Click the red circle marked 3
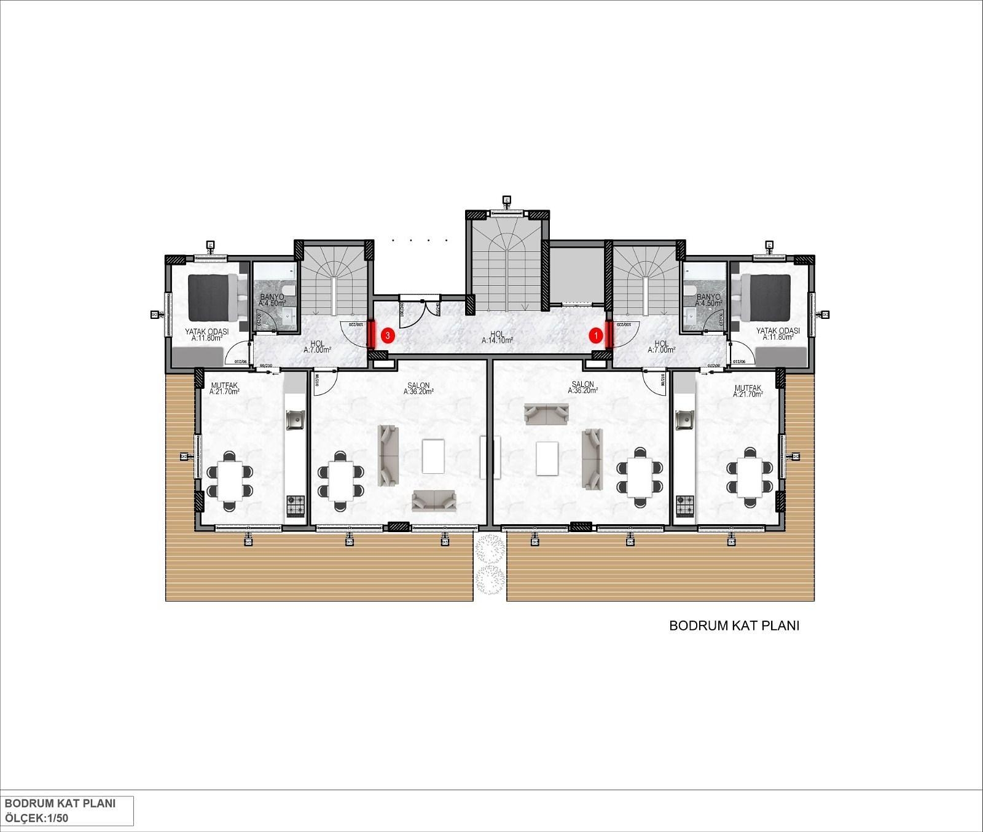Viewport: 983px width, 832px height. (x=388, y=336)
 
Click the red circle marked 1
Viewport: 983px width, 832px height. (x=595, y=336)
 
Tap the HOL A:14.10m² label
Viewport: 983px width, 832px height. (x=497, y=337)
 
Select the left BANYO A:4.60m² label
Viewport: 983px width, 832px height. (x=272, y=300)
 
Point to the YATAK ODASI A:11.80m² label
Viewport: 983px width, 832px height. (x=206, y=334)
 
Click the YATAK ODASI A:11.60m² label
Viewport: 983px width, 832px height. (x=778, y=334)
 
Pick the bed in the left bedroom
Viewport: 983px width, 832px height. (x=213, y=297)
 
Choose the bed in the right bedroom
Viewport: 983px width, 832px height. (x=766, y=297)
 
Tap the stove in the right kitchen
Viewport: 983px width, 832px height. (x=684, y=505)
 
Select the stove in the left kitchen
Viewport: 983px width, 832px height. (x=296, y=505)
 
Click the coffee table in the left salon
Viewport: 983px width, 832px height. (x=433, y=457)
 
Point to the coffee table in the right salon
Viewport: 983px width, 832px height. (x=547, y=458)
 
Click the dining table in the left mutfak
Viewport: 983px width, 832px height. (x=230, y=481)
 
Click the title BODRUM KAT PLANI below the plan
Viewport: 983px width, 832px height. (x=734, y=626)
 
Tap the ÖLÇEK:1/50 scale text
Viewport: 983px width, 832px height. (x=37, y=818)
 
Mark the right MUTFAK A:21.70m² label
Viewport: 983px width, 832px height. (x=748, y=391)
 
